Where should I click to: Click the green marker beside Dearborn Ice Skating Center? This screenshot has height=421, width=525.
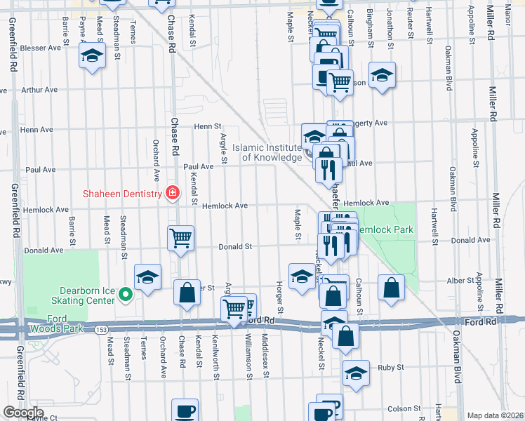126,294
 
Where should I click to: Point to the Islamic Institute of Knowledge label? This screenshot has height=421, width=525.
267,152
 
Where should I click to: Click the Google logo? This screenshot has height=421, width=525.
22,413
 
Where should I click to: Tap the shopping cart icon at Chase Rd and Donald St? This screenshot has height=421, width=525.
180,238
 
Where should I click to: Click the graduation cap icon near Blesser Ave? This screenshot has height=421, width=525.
92,55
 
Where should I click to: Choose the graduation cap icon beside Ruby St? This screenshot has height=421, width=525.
356,371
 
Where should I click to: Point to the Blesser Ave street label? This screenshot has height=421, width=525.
41,48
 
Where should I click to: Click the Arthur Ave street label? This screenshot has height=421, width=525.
39,90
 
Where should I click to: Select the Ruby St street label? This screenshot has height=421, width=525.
391,367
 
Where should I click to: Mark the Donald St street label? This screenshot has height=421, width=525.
234,247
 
